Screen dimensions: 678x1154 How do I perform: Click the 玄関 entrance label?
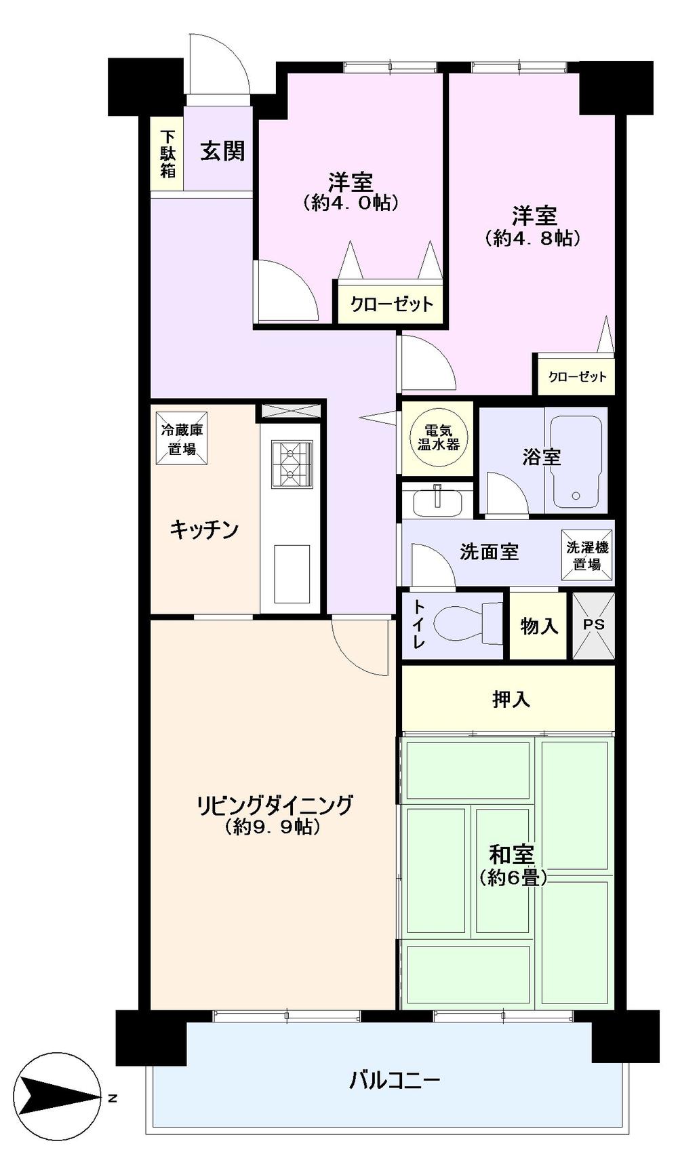pos(222,151)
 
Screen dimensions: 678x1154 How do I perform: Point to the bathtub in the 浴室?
pos(576,462)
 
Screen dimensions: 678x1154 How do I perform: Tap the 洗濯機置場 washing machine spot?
pos(587,556)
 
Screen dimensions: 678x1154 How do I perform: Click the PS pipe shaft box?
pos(593,625)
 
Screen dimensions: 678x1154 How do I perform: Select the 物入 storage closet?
pos(538,625)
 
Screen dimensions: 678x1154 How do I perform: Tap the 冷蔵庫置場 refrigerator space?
pos(182,439)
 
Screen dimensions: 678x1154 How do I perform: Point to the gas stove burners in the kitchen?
pos(292,463)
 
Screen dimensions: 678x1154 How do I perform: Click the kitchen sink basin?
pos(292,574)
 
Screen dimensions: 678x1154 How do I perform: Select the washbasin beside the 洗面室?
pos(438,501)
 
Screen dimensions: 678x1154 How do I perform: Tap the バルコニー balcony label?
pos(395,1080)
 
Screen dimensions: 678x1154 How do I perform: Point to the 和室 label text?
pos(512,855)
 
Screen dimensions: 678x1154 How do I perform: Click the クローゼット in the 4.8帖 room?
pos(576,376)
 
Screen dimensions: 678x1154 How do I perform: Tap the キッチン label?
pos(204,529)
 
